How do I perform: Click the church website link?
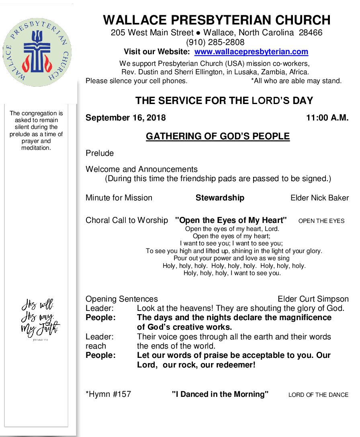(x=251, y=52)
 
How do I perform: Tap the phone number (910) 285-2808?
(x=215, y=42)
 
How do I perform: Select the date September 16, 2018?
(x=125, y=118)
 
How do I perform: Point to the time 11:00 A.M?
(x=327, y=118)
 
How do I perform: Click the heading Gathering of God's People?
(x=217, y=137)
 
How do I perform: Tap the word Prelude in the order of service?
(x=100, y=153)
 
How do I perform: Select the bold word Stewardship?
(x=220, y=198)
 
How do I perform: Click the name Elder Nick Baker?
(x=319, y=198)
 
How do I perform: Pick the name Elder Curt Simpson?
(x=313, y=299)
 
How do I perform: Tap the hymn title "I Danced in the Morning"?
(x=220, y=394)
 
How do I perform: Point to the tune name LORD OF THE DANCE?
(x=318, y=395)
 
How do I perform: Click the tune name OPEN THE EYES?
(x=321, y=221)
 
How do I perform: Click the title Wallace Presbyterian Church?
(x=217, y=20)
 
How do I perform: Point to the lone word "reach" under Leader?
(x=96, y=346)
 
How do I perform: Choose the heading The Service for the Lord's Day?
(x=224, y=100)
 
